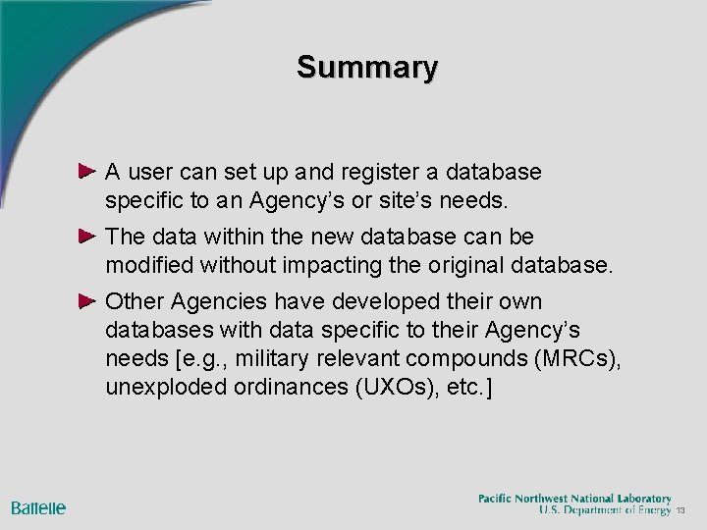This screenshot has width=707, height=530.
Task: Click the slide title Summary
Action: [368, 68]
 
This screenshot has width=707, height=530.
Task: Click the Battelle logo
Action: [38, 507]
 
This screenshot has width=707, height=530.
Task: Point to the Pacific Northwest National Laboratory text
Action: [574, 498]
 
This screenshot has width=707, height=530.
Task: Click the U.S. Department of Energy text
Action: [604, 510]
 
